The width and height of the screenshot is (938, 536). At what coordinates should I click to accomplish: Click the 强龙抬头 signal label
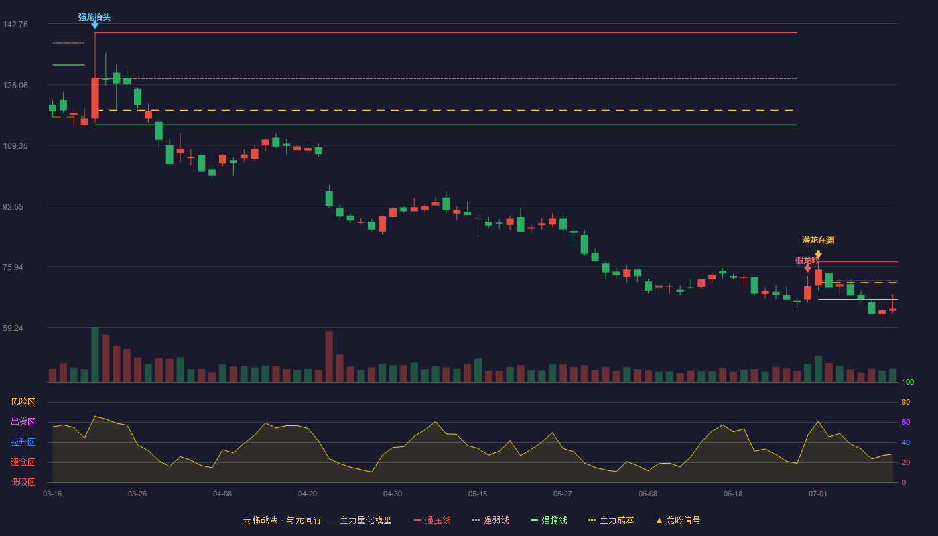coord(94,17)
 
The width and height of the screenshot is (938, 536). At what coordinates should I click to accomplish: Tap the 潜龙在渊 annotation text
coord(818,240)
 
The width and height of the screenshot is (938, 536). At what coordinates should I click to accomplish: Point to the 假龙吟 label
coord(807,261)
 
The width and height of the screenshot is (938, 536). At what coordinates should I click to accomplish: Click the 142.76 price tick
coord(15,25)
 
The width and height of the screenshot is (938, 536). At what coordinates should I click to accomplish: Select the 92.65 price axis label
coord(13,207)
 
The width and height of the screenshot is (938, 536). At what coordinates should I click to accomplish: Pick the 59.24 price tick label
coord(13,328)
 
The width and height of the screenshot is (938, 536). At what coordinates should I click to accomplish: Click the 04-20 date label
coord(308,494)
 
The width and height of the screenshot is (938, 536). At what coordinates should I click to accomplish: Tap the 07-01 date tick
coord(818,494)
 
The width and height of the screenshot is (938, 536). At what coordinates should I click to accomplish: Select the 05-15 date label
coord(478,494)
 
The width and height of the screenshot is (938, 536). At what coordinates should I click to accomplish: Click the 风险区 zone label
coord(23,402)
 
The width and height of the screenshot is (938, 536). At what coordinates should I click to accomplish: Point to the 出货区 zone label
coord(23,421)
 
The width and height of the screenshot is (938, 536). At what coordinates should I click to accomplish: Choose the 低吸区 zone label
coord(23,482)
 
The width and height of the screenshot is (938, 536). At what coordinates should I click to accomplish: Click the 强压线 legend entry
coord(432,520)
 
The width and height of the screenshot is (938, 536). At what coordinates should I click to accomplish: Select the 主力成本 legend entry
coord(611,520)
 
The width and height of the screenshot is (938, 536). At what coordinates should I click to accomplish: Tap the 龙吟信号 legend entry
coord(678,520)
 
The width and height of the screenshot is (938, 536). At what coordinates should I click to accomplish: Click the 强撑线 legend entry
coord(549,520)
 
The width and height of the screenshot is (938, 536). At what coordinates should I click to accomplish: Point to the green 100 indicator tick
coord(908,382)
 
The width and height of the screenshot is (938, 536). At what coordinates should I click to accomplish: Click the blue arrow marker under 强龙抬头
coord(95,25)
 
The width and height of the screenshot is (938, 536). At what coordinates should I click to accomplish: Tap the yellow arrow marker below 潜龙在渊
coord(818,255)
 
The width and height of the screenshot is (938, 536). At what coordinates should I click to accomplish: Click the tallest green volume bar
coord(95,354)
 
